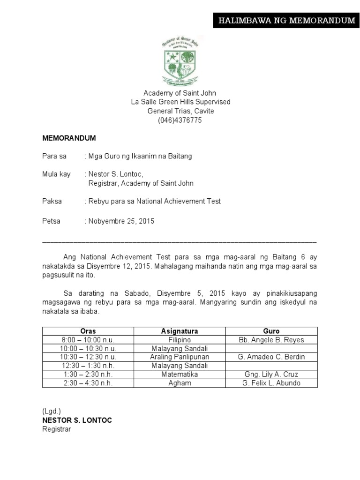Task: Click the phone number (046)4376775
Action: point(180,120)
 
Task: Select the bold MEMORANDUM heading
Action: point(69,138)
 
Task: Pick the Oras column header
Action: point(88,331)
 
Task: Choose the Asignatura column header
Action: point(180,331)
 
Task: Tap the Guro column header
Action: point(271,331)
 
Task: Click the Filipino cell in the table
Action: point(180,340)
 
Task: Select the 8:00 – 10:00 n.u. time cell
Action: point(88,340)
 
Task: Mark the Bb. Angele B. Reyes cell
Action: point(271,340)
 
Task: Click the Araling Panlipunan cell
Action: point(180,357)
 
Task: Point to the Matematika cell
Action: point(180,375)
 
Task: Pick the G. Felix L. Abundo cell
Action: point(271,383)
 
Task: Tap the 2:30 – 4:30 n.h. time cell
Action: point(88,383)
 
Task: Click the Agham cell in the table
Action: point(180,383)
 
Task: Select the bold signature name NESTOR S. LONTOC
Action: point(77,420)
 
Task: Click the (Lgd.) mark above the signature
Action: point(52,411)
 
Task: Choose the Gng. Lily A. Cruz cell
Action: point(271,375)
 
